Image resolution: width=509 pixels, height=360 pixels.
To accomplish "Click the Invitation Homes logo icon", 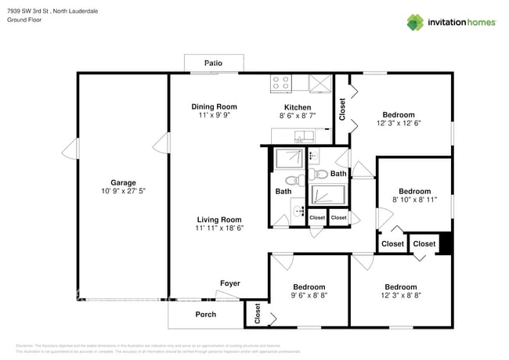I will point(415,22).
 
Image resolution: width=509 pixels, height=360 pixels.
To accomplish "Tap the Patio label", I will point(213,63).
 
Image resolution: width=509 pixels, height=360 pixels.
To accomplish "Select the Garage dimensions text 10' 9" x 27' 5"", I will point(123,191).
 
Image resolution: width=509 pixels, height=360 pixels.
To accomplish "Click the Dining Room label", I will point(214,106).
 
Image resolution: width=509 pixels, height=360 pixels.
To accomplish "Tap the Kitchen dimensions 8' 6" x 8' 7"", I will point(297,116).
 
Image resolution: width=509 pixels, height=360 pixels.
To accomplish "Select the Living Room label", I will point(218,219).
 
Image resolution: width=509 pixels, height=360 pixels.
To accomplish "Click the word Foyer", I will point(229,283).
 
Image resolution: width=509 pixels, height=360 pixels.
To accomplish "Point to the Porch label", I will point(205,315).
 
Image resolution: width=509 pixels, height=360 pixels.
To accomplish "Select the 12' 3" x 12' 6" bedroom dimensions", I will point(403,123).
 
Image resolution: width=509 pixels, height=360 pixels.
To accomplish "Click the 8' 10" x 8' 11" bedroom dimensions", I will point(414,200).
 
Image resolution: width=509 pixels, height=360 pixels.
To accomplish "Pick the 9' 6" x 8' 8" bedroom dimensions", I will point(309,296).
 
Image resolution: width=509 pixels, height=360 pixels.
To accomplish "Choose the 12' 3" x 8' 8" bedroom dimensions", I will point(400,296).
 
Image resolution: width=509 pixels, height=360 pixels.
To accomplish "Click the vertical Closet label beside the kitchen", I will point(342,110).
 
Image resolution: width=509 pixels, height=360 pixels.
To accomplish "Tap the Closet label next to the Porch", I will point(258,314).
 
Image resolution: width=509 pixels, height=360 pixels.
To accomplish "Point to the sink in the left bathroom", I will point(301,210).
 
